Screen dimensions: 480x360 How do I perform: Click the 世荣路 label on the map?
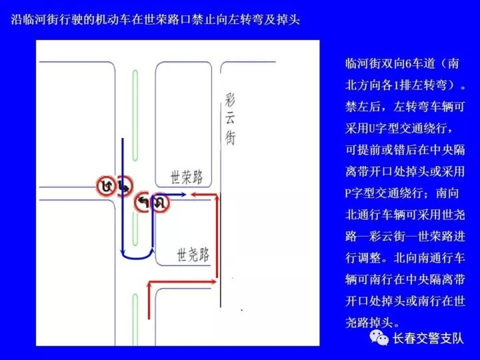187,177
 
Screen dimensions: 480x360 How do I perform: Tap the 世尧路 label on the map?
193,255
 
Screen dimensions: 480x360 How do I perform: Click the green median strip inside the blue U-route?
136,223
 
